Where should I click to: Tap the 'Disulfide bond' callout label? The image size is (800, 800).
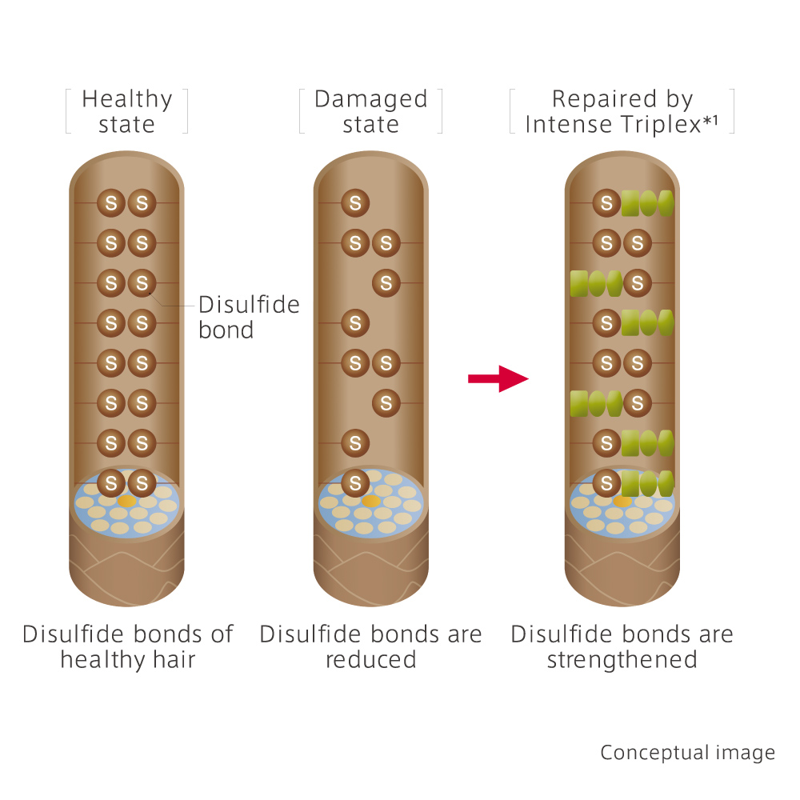point(248,317)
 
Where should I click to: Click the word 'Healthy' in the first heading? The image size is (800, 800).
point(127,99)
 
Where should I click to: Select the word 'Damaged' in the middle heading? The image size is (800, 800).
point(370,99)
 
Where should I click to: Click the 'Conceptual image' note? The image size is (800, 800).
point(687,753)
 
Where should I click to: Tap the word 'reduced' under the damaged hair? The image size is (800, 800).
point(370,660)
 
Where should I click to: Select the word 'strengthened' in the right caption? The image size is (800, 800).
point(622,660)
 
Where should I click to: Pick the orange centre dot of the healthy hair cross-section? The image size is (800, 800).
point(126,501)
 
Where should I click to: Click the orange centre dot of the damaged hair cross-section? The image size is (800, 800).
point(370,501)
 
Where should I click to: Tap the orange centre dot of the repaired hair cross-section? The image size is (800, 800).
point(622,501)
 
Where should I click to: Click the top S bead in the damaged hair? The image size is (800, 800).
point(355,203)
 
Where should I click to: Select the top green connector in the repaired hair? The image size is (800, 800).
point(647,203)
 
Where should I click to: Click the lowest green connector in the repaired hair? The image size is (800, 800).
point(647,482)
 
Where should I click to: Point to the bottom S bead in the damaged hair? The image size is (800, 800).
point(355,482)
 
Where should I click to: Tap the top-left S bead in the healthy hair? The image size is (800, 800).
point(111,203)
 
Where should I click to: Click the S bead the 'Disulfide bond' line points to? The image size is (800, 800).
point(142,283)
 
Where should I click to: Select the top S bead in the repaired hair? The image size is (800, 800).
point(606,203)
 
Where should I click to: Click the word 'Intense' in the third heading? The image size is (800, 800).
point(567,125)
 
